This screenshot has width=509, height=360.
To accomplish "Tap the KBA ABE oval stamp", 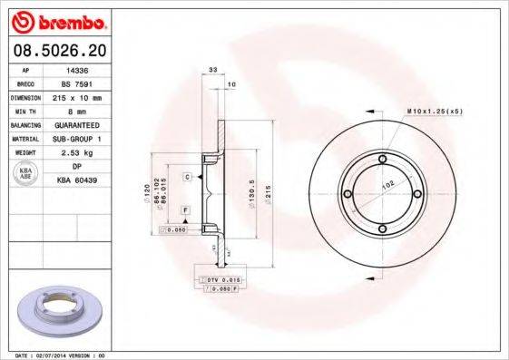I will tap(25, 173).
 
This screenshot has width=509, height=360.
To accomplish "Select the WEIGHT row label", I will tap(24, 152).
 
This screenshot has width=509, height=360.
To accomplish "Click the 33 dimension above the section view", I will tap(213, 70).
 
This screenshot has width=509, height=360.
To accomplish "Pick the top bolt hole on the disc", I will tap(385, 161).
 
